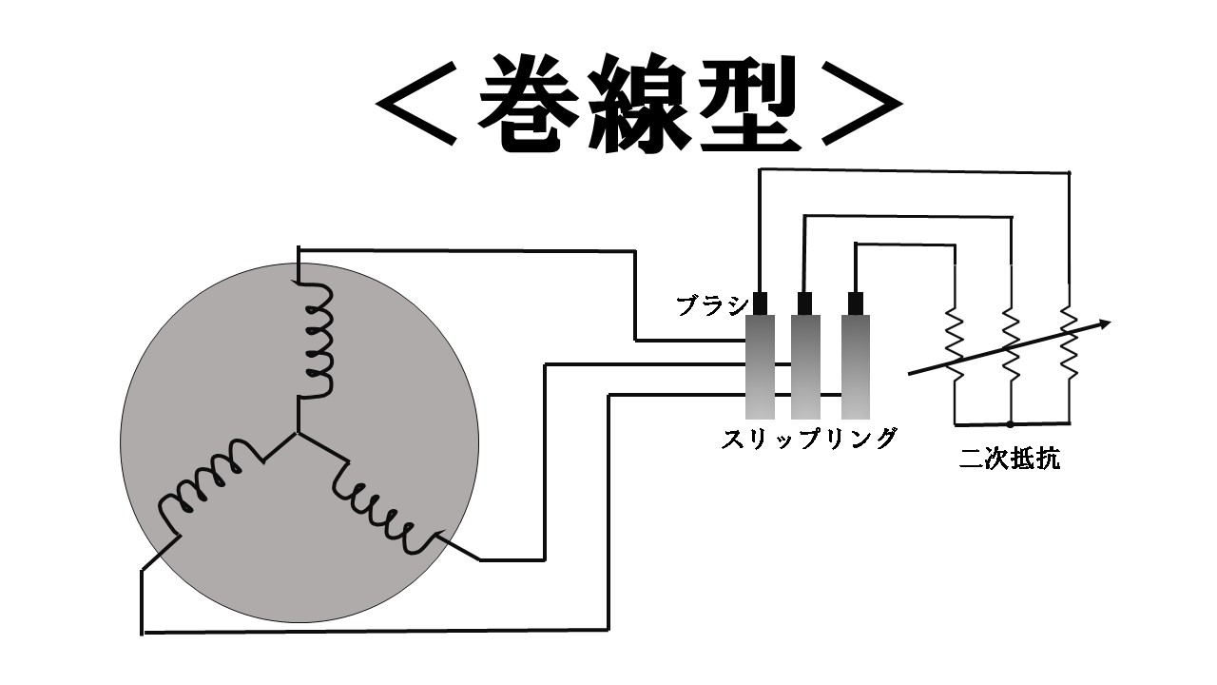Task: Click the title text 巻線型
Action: [x=639, y=105]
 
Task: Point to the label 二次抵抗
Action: [x=1010, y=460]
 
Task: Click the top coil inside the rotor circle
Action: [x=318, y=338]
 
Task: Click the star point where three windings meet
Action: [x=299, y=435]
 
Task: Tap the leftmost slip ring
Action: [x=760, y=367]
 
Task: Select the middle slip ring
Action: [x=806, y=367]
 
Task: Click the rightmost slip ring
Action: [x=856, y=367]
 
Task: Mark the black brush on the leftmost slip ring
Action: [x=760, y=303]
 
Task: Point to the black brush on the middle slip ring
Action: [x=805, y=303]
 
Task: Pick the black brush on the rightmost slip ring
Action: [x=856, y=303]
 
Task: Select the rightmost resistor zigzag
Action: [x=1069, y=342]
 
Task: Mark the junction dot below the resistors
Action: [x=1011, y=422]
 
